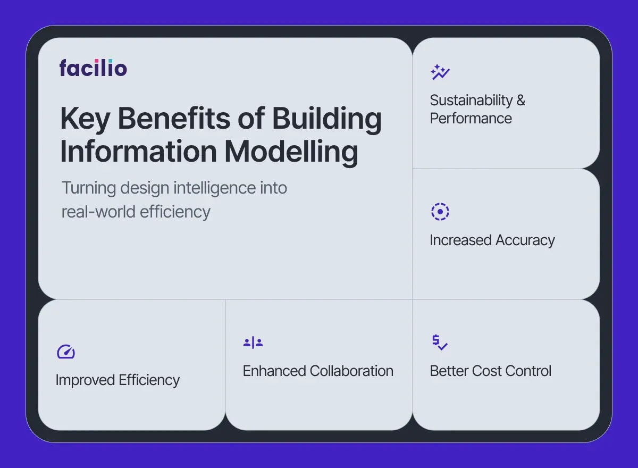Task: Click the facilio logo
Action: (93, 68)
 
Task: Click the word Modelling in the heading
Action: (291, 152)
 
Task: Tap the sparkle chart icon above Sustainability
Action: (440, 72)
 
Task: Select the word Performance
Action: (471, 118)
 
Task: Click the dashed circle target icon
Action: (440, 212)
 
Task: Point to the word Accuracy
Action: (525, 240)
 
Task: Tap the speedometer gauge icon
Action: (66, 352)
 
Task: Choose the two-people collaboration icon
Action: (253, 342)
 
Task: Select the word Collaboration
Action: (351, 371)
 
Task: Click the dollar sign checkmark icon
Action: (440, 342)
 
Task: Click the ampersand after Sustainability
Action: (521, 101)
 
